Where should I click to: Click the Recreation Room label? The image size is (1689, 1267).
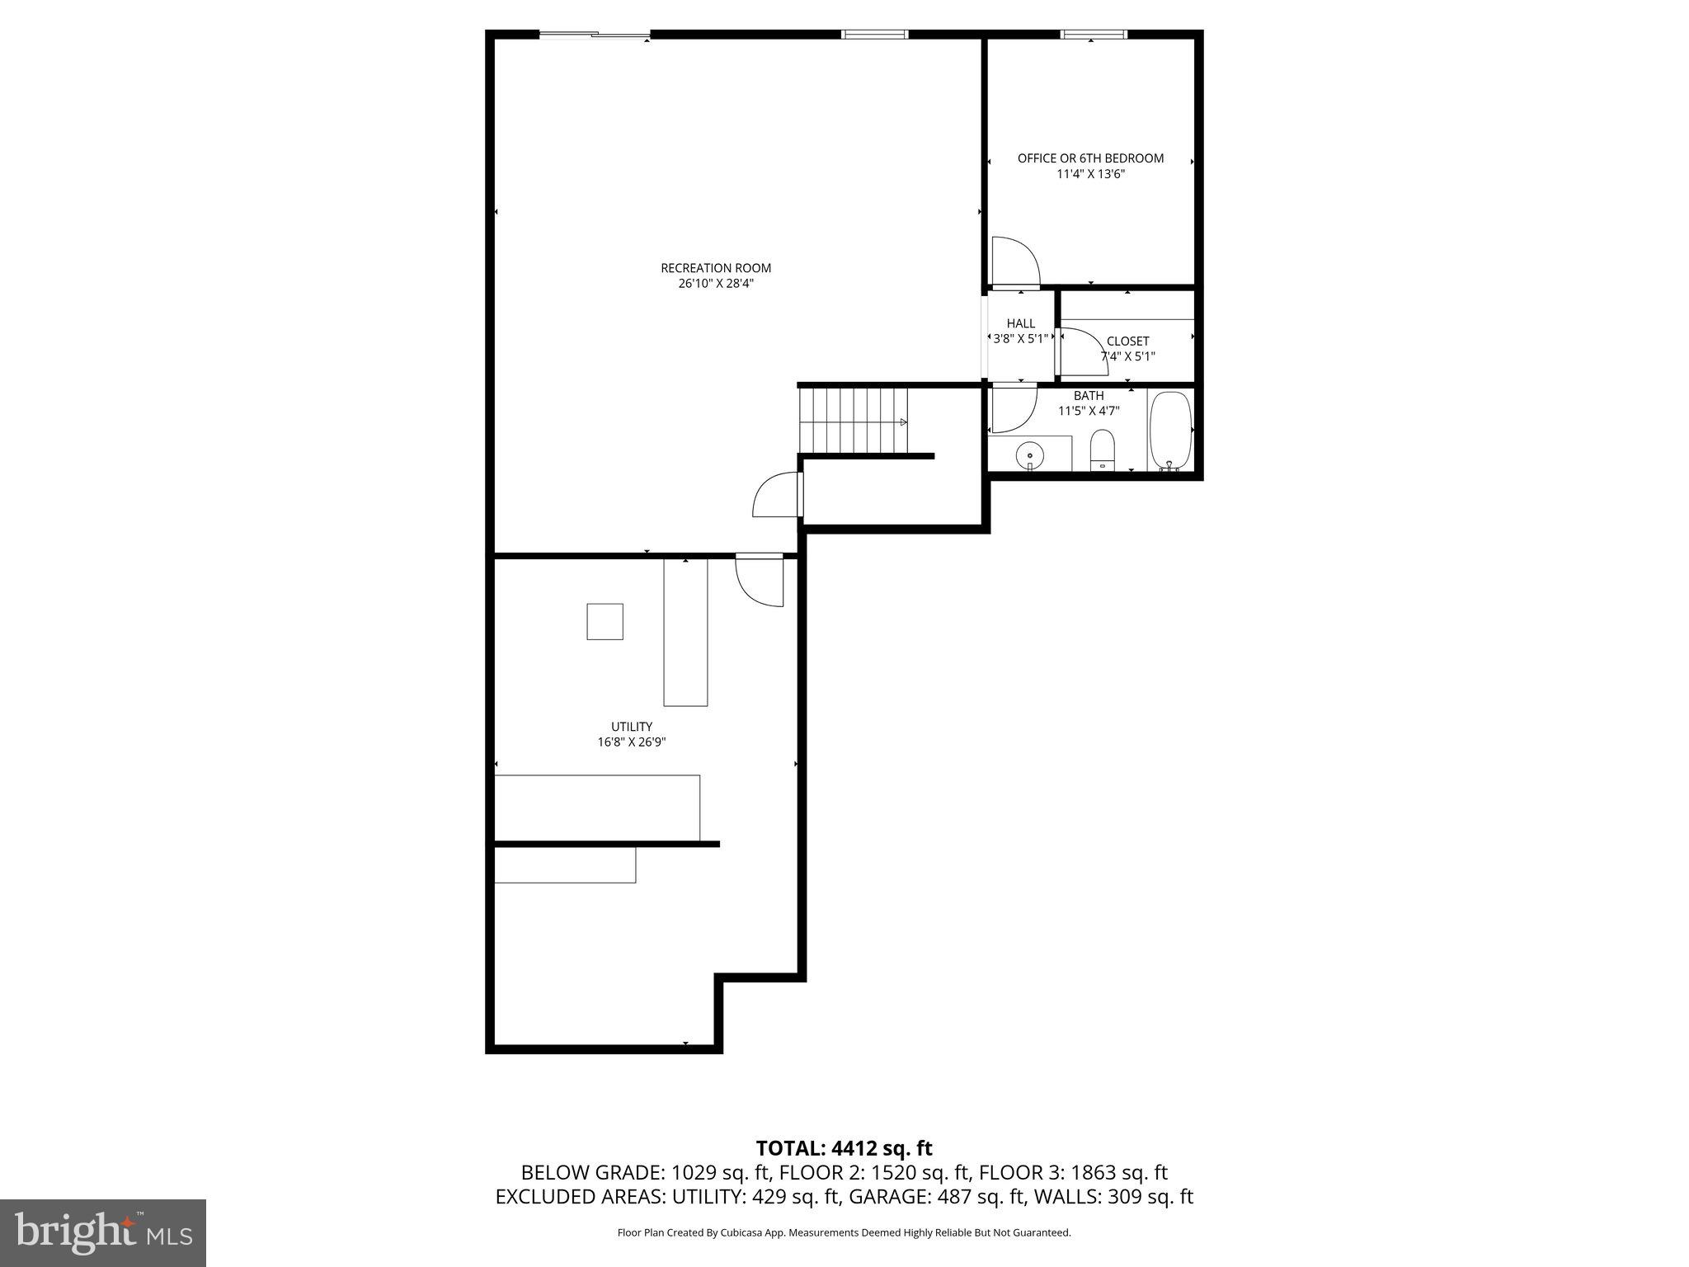pos(715,268)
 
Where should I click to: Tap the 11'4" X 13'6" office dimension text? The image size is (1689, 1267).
pos(1090,174)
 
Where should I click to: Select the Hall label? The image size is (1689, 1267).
pos(1020,323)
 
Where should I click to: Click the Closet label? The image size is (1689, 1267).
pos(1127,341)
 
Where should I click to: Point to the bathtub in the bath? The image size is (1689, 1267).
pos(1170,430)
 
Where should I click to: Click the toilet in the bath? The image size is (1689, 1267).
pos(1102,450)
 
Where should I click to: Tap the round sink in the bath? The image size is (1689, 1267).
pos(1030,455)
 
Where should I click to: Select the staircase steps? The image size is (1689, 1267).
pos(853,421)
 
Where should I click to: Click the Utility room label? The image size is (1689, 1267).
pos(632,727)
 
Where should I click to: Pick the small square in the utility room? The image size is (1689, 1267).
pos(605,621)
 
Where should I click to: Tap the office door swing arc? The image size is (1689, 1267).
pos(1014,261)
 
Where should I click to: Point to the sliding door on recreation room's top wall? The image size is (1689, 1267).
pos(595,35)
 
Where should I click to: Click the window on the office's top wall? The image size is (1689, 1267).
pos(1093,34)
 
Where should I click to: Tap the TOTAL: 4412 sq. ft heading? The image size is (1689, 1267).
pos(844,1148)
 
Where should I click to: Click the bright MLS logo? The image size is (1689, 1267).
pos(103,1232)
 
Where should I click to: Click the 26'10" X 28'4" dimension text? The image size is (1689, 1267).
pos(715,284)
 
